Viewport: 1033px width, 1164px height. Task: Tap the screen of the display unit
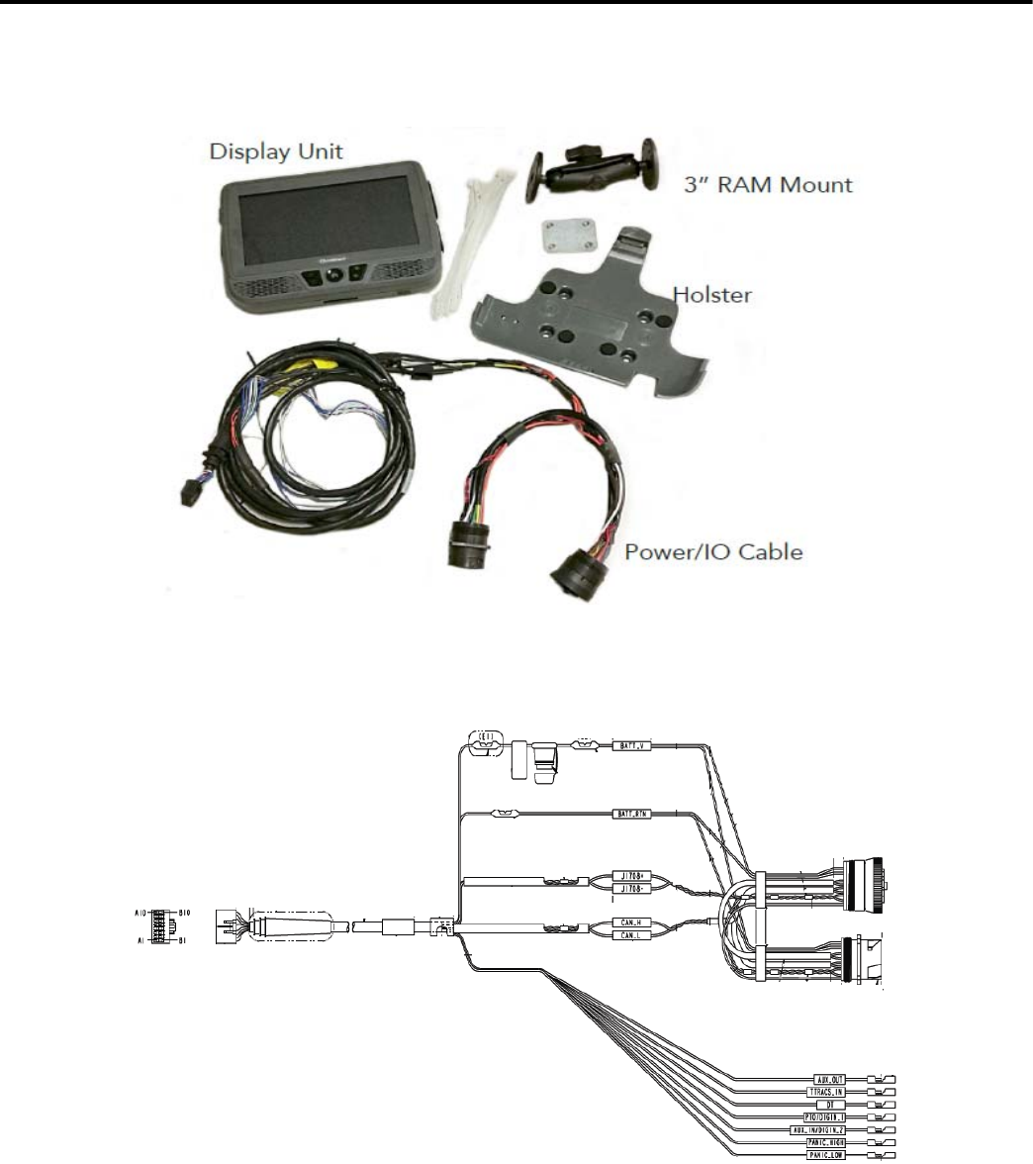click(322, 220)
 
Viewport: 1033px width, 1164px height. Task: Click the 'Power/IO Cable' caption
click(712, 550)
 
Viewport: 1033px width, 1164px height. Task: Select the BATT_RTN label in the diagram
click(632, 815)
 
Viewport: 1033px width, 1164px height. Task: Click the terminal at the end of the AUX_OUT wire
click(882, 1077)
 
